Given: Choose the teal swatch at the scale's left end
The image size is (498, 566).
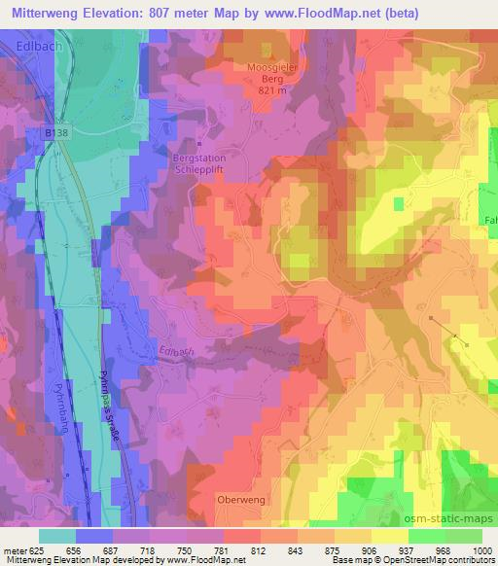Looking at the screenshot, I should coord(57,536).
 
